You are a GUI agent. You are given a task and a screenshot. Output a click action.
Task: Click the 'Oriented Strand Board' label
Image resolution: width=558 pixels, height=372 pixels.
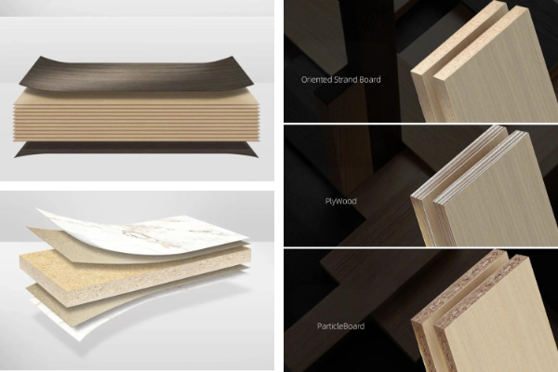click(340, 79)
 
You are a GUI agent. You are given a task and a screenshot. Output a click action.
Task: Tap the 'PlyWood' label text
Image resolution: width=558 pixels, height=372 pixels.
click(340, 201)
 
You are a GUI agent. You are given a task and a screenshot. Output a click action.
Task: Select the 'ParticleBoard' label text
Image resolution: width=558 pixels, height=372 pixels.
click(340, 326)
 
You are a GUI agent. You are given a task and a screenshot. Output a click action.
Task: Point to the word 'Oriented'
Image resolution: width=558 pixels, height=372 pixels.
click(316, 79)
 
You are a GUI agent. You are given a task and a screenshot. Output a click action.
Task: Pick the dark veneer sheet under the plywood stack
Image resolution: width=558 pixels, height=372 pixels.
click(135, 150)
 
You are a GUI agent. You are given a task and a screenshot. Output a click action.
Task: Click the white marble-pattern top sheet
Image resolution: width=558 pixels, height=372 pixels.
click(150, 232)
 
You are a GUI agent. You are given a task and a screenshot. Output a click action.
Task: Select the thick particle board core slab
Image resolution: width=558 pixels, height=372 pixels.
click(135, 274)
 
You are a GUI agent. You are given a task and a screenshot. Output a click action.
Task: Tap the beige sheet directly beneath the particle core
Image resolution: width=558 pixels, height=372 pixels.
click(107, 302)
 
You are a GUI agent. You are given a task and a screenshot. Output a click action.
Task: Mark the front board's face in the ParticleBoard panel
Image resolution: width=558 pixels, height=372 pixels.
click(495, 320)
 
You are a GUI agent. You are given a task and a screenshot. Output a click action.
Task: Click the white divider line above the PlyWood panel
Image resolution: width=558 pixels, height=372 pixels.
click(421, 124)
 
